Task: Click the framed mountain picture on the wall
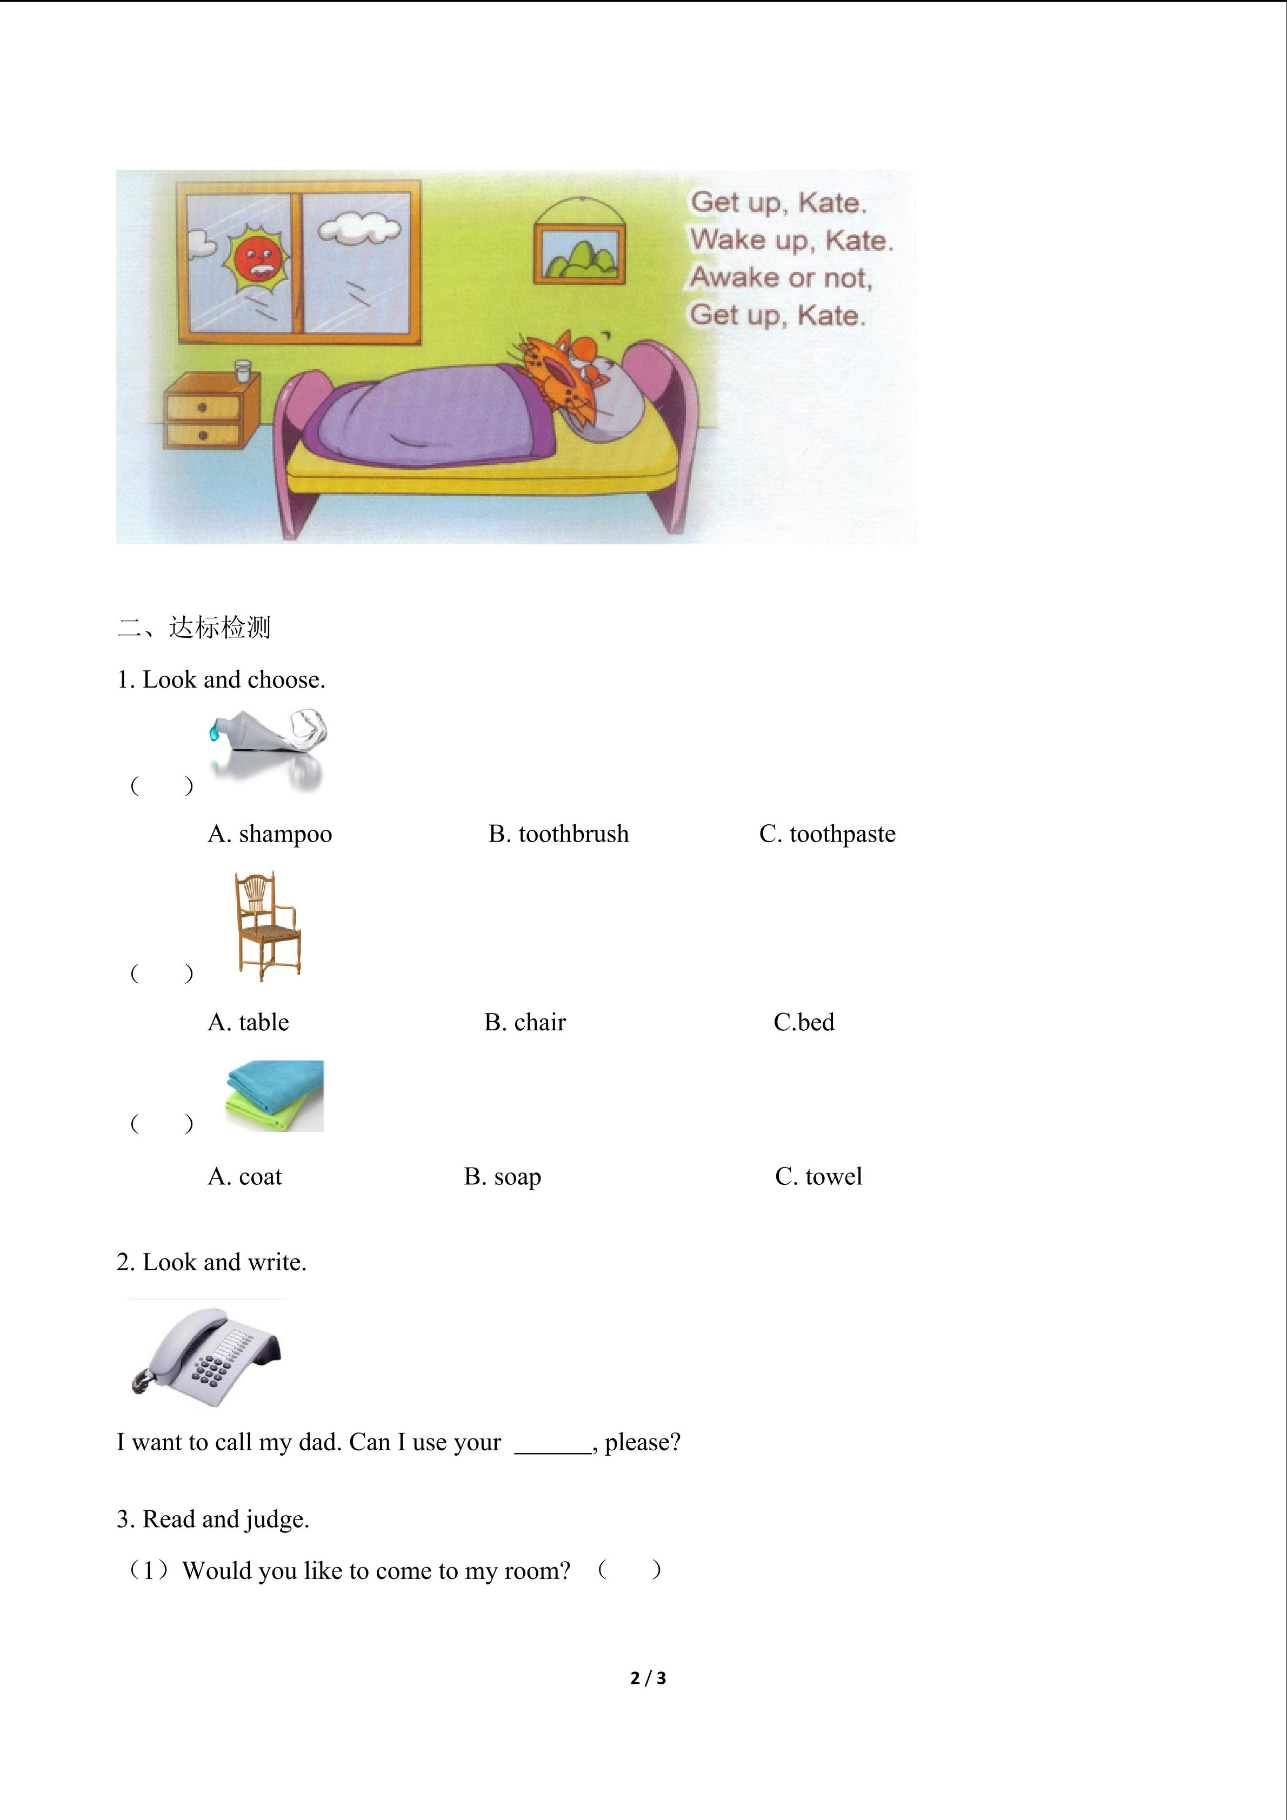pos(580,252)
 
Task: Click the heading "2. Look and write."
pos(211,1262)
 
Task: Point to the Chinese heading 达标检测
pos(219,628)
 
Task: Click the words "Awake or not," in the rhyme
pos(781,277)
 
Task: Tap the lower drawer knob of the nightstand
pos(203,435)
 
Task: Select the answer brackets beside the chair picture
pos(161,974)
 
